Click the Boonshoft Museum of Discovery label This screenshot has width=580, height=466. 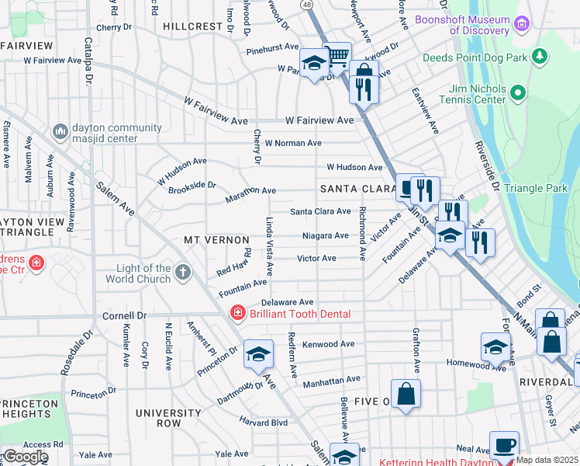(462, 25)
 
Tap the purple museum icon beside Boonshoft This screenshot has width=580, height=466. (523, 26)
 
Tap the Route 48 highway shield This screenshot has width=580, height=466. (308, 5)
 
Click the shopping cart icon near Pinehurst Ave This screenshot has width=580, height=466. (337, 56)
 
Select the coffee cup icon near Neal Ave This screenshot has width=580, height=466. (504, 445)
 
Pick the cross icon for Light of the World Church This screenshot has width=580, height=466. (182, 272)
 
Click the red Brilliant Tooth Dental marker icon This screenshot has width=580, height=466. (239, 312)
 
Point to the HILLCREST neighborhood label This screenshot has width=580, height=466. (193, 26)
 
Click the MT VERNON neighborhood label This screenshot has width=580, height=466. (216, 240)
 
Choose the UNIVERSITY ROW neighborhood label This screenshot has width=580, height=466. (168, 418)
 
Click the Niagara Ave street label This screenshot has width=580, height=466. (325, 235)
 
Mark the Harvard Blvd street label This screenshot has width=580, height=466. (263, 423)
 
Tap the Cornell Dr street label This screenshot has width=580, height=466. (125, 316)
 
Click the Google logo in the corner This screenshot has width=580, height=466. (26, 457)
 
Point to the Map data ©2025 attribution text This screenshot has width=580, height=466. (547, 461)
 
